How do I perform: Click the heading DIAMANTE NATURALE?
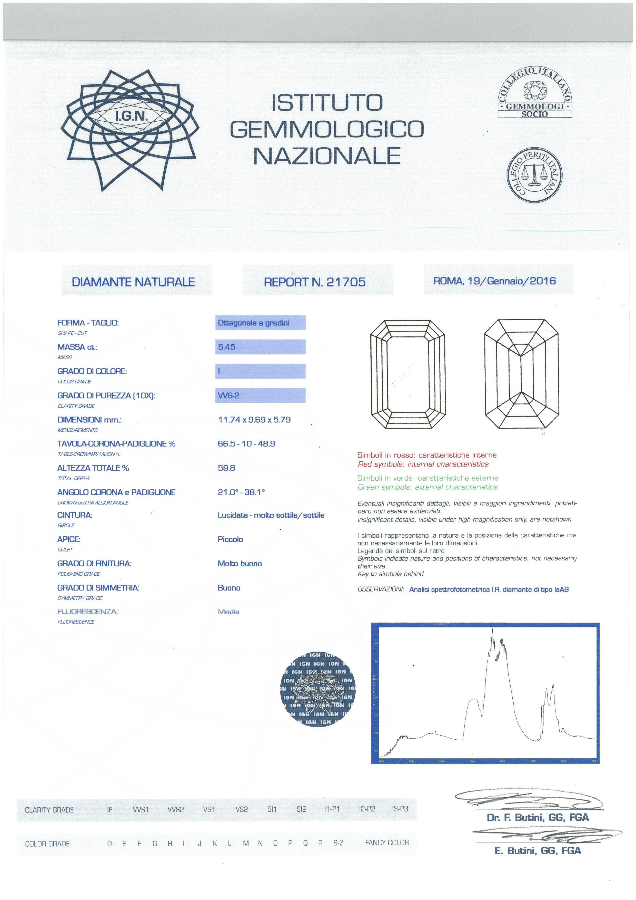(x=133, y=282)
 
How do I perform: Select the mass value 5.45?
(x=227, y=347)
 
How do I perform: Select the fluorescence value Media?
(x=228, y=612)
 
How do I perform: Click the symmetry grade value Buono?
(x=229, y=588)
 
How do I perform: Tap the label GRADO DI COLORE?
(x=92, y=371)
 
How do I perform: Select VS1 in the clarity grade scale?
(x=209, y=809)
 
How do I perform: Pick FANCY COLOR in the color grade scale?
(x=386, y=842)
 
